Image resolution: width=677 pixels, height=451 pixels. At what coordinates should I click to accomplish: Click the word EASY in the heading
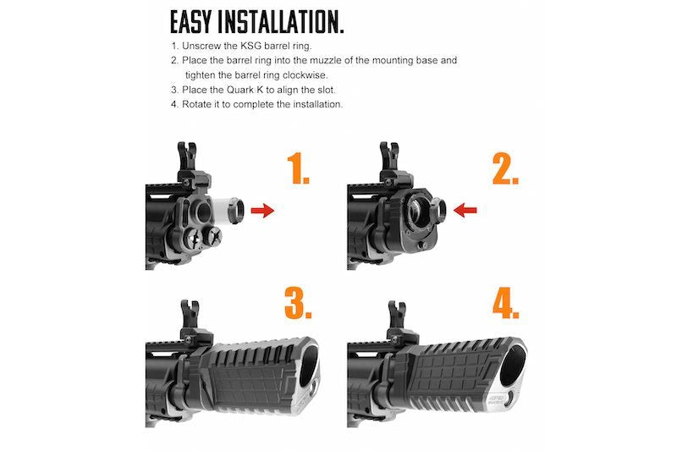click(x=191, y=22)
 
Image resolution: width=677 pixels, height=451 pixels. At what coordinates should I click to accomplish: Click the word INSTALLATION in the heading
click(x=278, y=22)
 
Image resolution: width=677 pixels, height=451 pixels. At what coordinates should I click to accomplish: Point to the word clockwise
click(x=304, y=75)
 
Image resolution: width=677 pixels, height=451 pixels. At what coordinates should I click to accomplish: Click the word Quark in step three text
click(x=239, y=90)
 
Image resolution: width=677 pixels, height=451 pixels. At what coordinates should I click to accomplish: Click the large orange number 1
click(x=298, y=168)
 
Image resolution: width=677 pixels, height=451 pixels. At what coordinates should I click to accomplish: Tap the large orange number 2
click(x=504, y=168)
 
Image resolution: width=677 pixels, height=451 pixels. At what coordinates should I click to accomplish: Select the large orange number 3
click(x=298, y=304)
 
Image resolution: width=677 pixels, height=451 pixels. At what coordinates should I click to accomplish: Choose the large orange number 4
click(x=505, y=304)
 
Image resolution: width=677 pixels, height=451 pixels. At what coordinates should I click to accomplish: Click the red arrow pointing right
click(x=262, y=211)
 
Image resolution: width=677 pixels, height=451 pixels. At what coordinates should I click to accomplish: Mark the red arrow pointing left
click(x=465, y=210)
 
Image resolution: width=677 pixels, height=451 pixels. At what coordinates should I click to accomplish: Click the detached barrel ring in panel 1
click(x=235, y=210)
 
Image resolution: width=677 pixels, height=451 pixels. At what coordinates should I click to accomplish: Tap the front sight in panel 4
click(x=398, y=318)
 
